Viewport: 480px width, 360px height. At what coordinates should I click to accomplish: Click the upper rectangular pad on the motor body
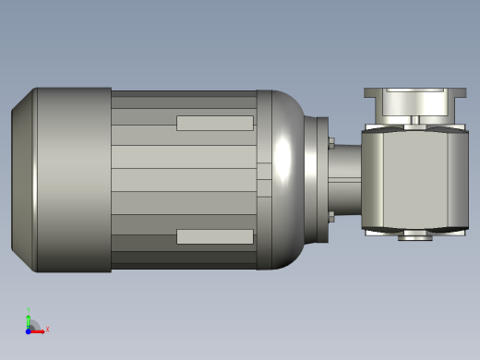[x=214, y=123]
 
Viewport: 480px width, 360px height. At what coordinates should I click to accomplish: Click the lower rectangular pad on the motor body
[x=214, y=236]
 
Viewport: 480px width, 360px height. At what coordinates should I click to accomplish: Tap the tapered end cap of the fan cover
[x=22, y=180]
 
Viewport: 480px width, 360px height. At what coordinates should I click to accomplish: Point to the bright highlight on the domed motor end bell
[x=286, y=157]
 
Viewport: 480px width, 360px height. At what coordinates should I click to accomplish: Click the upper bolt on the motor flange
[x=330, y=142]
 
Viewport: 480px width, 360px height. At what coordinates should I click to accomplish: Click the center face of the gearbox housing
[x=406, y=179]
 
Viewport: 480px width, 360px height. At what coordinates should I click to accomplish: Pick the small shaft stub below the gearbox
[x=415, y=237]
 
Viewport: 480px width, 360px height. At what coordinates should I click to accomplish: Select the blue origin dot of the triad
[x=29, y=330]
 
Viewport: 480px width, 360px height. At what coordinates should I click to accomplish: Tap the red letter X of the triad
[x=47, y=329]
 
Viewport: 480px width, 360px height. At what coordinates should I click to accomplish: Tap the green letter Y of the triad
[x=29, y=310]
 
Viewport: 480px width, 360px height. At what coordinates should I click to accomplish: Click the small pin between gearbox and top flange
[x=416, y=119]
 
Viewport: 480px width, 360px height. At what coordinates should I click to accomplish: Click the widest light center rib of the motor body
[x=185, y=180]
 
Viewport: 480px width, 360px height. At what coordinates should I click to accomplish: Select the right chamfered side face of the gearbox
[x=459, y=179]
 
